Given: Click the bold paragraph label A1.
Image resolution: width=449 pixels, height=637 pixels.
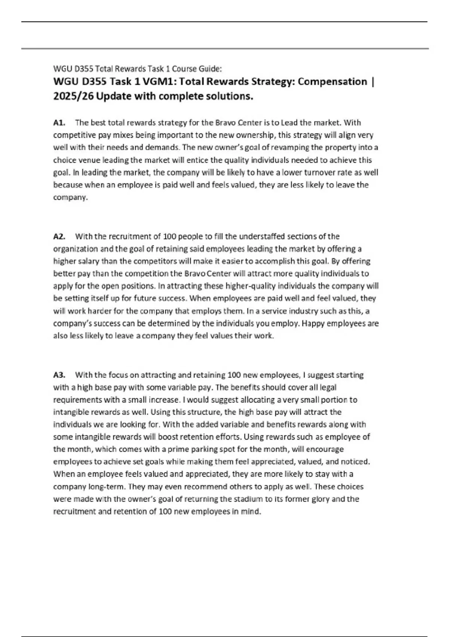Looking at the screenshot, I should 59,123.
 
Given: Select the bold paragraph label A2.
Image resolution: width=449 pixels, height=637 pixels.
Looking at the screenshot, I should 59,236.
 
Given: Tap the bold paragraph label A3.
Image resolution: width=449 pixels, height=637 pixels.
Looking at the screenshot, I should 59,375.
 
